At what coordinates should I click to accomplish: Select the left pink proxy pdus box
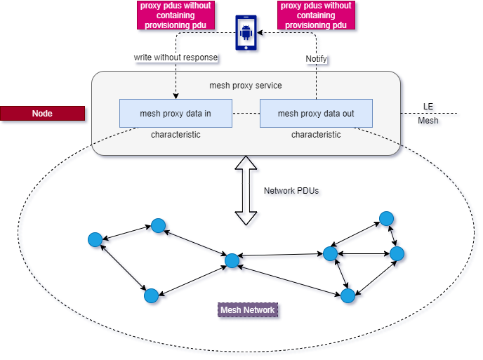(175, 15)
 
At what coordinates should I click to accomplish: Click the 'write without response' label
(176, 58)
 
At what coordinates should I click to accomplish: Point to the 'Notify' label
(316, 60)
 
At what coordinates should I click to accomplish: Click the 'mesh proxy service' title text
(246, 86)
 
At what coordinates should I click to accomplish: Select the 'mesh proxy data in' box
(176, 113)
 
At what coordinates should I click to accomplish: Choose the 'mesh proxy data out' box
(316, 113)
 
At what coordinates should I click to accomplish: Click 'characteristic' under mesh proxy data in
(176, 134)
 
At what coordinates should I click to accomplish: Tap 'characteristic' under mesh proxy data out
(316, 134)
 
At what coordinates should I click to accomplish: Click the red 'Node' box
(42, 114)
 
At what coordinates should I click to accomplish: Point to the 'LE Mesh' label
(429, 114)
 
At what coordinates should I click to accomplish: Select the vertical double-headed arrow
(246, 192)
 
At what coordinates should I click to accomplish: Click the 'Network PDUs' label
(292, 191)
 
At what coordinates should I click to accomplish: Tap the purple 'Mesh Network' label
(247, 310)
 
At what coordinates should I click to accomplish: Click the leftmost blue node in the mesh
(95, 240)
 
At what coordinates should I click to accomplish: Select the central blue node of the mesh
(232, 261)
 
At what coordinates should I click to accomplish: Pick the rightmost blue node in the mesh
(397, 253)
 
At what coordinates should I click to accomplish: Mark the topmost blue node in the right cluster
(386, 219)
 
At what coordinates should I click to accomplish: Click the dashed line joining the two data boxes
(246, 113)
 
